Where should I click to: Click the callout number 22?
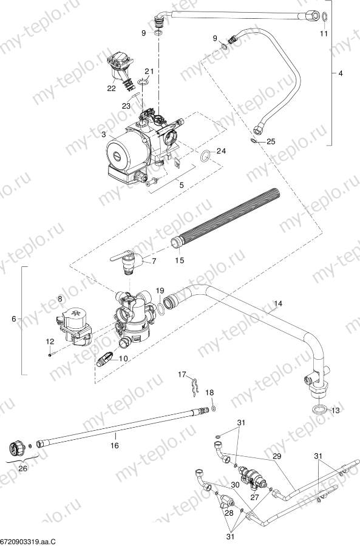[111, 89]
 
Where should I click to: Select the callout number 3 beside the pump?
[104, 133]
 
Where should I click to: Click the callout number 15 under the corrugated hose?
[179, 260]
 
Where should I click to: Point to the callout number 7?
[154, 260]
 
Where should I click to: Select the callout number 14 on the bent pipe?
[278, 303]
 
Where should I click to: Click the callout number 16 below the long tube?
[114, 445]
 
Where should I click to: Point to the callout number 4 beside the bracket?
[340, 73]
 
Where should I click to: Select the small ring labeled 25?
[253, 141]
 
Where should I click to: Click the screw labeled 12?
[49, 355]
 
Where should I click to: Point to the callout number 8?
[59, 299]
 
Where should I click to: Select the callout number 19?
[160, 291]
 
